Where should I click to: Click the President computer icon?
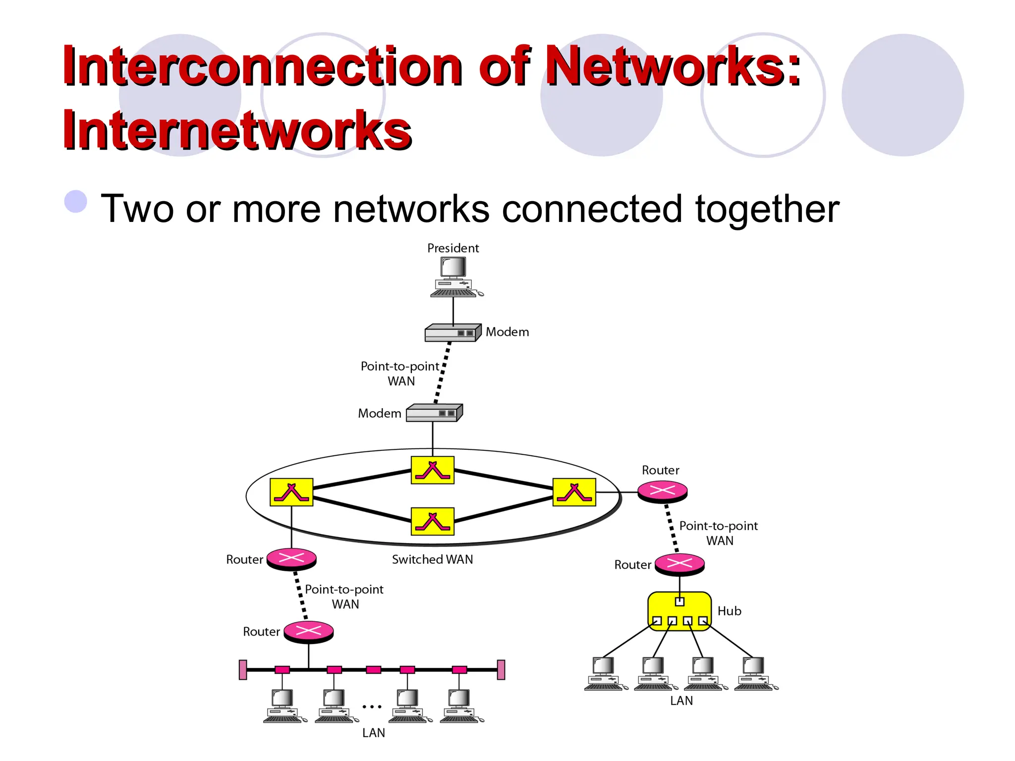pos(454,276)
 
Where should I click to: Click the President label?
pos(453,248)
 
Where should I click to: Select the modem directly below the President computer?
pos(452,333)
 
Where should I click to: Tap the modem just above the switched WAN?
pos(434,413)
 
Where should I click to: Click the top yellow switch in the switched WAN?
pos(433,470)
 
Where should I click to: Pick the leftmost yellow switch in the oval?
pos(291,492)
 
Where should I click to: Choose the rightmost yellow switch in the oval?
pos(574,492)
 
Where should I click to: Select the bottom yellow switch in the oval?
pos(433,521)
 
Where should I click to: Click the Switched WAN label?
pos(432,559)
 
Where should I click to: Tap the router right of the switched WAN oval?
pos(662,491)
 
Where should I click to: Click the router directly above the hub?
pos(679,564)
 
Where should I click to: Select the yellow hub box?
pos(679,611)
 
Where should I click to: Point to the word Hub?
pos(729,611)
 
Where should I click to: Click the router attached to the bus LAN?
pos(308,631)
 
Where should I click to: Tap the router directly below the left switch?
pos(291,559)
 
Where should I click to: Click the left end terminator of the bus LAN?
pos(243,670)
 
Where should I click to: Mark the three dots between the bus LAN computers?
pos(372,707)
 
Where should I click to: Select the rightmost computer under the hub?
pos(754,673)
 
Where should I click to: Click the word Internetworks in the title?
pos(237,130)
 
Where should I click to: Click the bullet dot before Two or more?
pos(76,202)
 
